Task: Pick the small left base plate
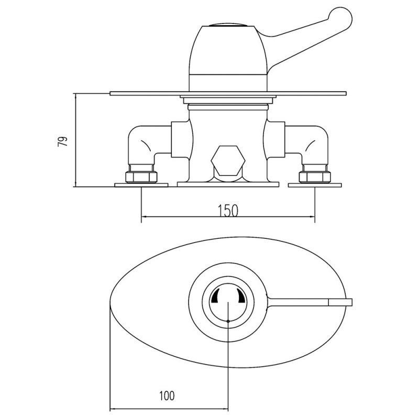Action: (x=141, y=185)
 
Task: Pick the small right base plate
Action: (x=314, y=185)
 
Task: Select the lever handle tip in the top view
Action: (x=340, y=302)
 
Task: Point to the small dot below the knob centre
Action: (x=229, y=319)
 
